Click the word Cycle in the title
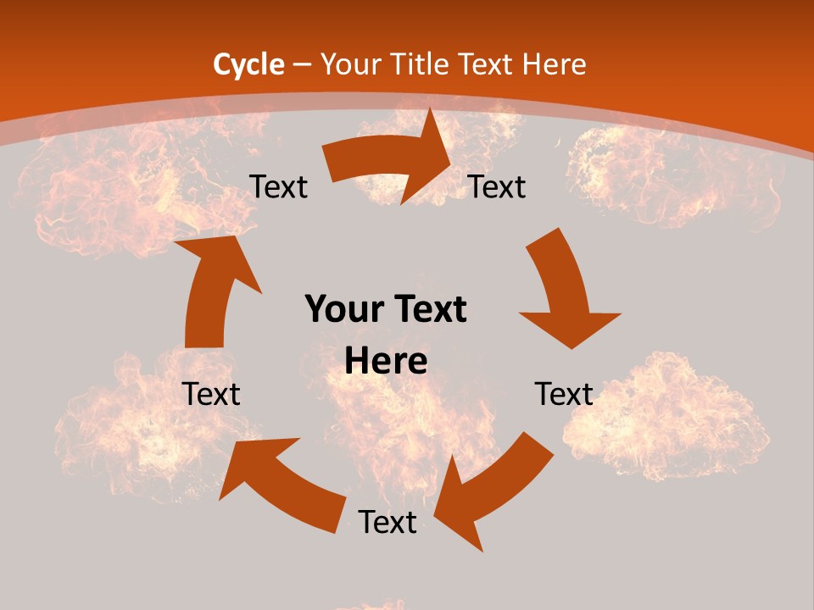(x=248, y=64)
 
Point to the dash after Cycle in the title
(x=302, y=64)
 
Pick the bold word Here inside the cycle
(x=386, y=362)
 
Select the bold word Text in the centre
(x=428, y=309)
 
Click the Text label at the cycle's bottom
(x=387, y=522)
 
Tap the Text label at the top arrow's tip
(x=497, y=186)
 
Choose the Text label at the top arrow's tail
(x=278, y=186)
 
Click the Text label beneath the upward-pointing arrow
(x=211, y=394)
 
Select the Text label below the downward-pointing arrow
(x=564, y=394)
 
